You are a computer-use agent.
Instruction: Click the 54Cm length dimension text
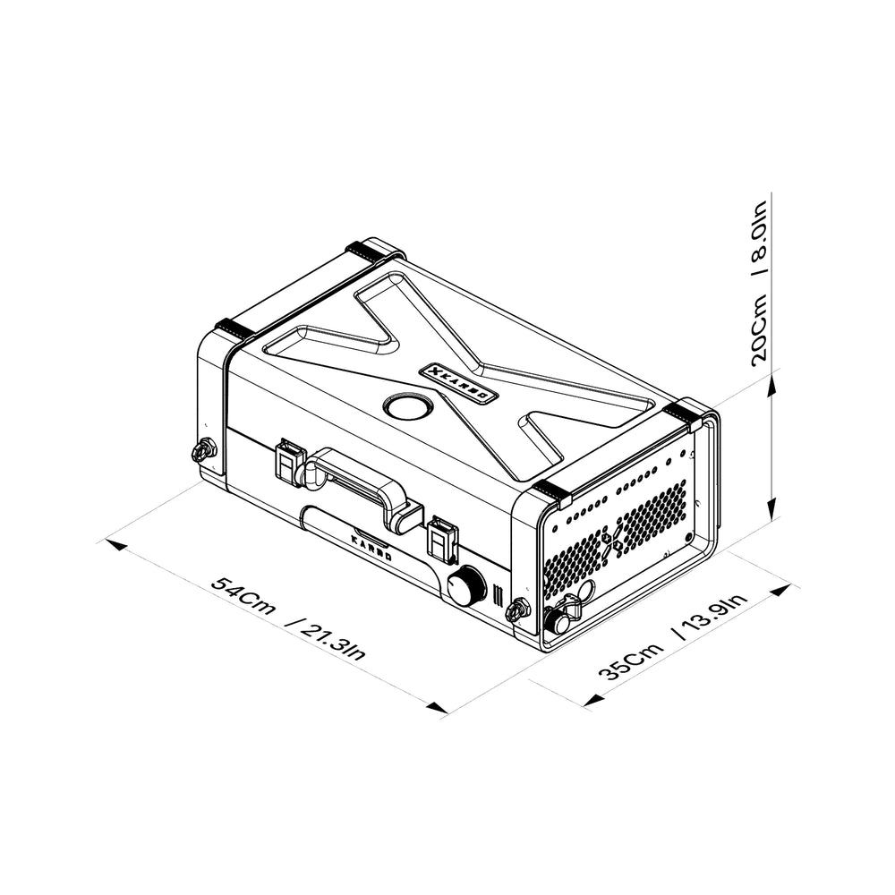pyautogui.click(x=243, y=596)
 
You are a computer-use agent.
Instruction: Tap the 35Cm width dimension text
pyautogui.click(x=631, y=661)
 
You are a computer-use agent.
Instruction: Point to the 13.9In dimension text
pyautogui.click(x=711, y=617)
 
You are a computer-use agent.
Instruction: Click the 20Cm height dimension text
pyautogui.click(x=760, y=329)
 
